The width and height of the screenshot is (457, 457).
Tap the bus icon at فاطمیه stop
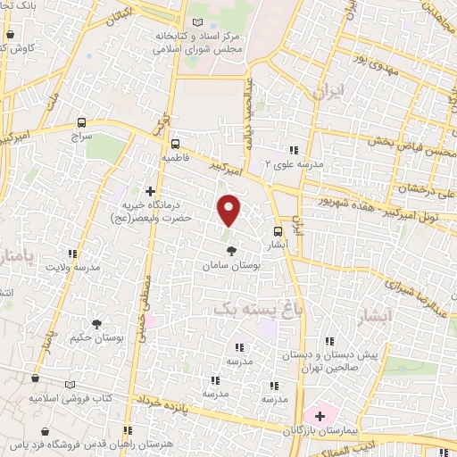(176, 142)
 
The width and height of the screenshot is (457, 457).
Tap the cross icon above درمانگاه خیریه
(150, 191)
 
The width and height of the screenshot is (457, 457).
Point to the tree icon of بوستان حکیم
(94, 323)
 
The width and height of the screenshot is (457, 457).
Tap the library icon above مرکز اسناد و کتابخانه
(196, 22)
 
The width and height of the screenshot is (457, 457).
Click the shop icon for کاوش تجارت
(9, 36)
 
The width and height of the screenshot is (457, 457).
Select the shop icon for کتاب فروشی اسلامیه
(36, 379)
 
